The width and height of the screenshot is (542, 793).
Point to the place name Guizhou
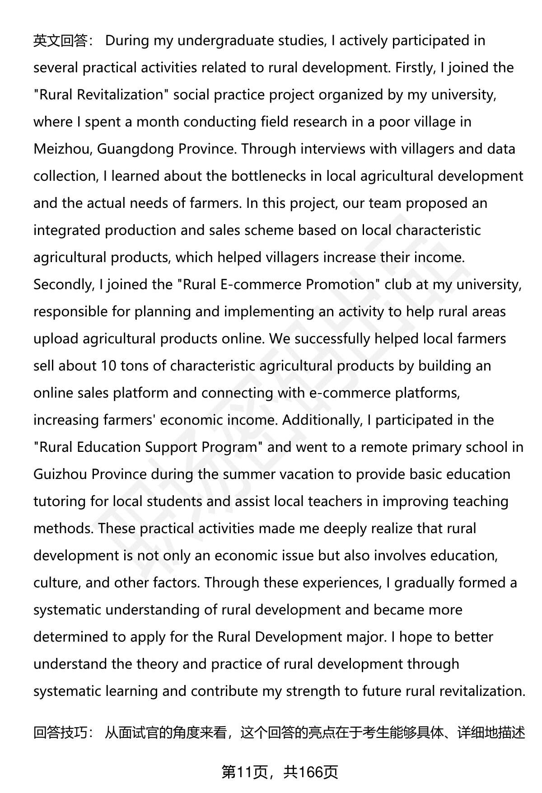[x=60, y=474]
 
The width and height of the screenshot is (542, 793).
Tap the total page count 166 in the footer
[x=311, y=772]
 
